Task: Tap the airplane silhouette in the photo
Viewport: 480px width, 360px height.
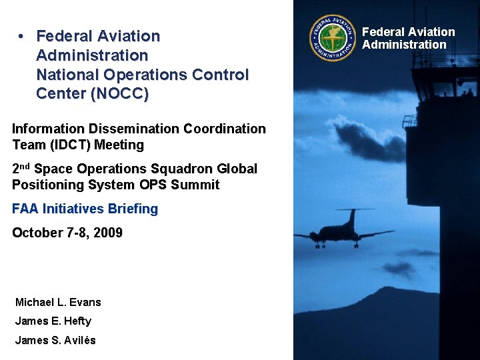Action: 343,233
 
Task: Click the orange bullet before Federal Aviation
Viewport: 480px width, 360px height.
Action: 22,36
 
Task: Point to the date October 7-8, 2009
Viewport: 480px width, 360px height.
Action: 67,233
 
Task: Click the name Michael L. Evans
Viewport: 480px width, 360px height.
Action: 58,302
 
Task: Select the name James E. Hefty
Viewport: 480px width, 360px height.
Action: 53,321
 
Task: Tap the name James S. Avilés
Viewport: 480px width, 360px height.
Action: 55,340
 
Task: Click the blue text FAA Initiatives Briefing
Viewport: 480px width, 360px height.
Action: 85,209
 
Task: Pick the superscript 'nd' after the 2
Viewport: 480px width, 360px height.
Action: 25,165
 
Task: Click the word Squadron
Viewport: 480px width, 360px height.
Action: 173,169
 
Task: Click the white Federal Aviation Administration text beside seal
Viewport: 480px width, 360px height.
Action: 408,38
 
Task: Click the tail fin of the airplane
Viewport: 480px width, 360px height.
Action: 351,217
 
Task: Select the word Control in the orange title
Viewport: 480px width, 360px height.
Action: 222,75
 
